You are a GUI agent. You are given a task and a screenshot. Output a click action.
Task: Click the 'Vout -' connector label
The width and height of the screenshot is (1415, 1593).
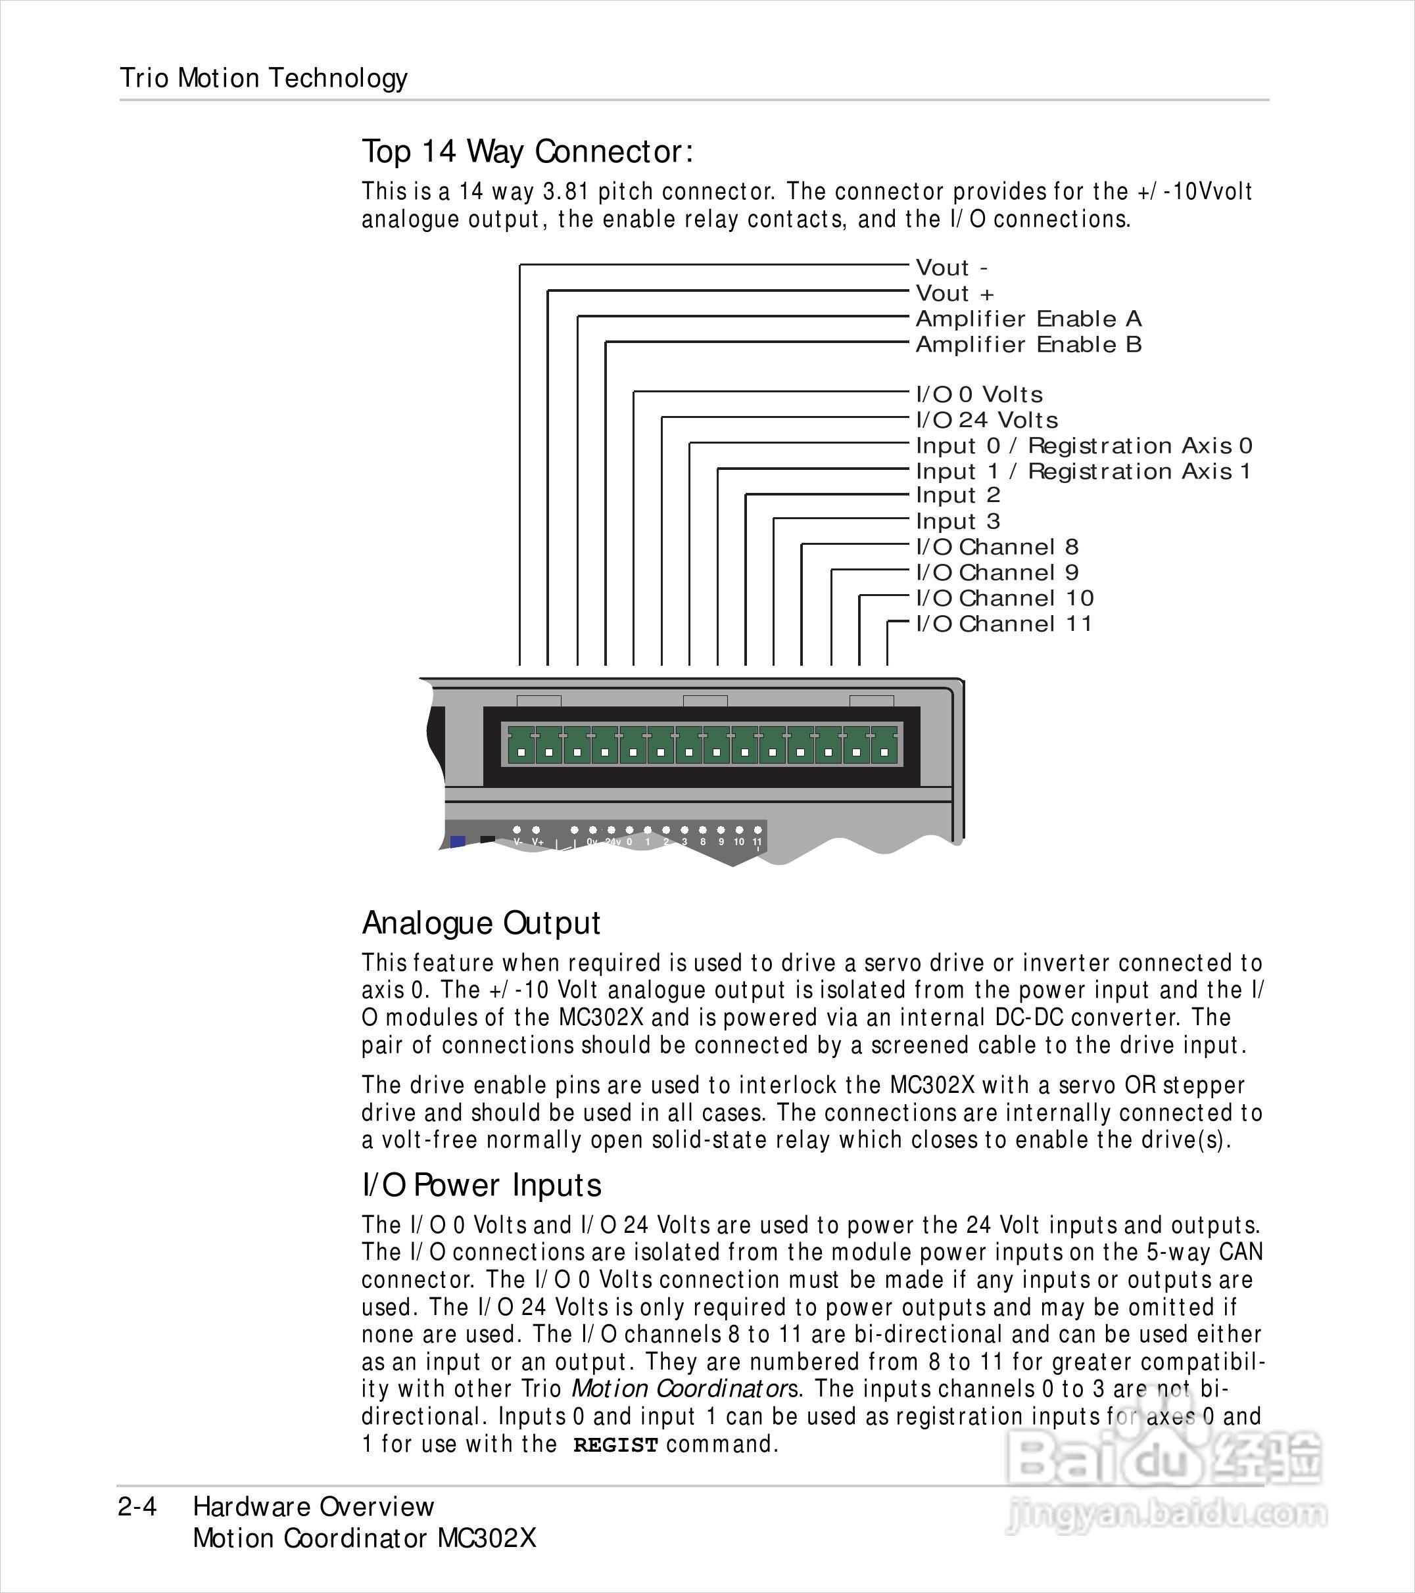coord(951,268)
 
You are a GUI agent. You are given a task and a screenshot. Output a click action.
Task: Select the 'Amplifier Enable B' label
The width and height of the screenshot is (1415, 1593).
coord(1028,344)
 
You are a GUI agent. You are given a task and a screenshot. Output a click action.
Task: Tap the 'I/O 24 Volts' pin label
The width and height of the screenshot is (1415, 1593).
coord(987,420)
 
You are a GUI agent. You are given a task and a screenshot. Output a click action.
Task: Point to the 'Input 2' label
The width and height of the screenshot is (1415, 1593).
coord(957,496)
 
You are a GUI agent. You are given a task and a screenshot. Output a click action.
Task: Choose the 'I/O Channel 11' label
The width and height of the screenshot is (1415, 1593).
coord(1003,624)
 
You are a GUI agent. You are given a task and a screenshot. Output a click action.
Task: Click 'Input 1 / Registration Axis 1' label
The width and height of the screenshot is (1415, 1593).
coord(1083,471)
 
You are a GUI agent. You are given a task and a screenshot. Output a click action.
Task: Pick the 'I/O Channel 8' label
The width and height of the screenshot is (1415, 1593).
coord(997,547)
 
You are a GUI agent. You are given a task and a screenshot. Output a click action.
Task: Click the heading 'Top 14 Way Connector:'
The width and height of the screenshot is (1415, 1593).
coord(527,151)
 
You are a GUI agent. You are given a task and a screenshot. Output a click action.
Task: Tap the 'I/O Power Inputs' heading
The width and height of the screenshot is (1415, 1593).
coord(481,1186)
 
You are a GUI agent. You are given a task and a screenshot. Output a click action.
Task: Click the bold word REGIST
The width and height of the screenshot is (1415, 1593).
coord(616,1445)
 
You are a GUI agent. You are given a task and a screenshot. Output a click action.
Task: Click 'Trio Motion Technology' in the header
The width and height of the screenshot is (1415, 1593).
coord(264,78)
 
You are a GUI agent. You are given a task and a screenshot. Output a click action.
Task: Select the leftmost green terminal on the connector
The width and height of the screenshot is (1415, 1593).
coord(521,745)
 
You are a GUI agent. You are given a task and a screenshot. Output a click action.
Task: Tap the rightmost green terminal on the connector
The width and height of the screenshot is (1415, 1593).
coord(884,745)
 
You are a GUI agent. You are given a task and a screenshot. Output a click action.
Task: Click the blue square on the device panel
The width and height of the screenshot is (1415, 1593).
coord(458,842)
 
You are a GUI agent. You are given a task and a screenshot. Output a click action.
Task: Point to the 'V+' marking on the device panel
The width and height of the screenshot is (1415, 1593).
coord(538,843)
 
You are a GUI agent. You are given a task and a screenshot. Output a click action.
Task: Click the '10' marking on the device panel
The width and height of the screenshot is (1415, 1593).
coord(738,842)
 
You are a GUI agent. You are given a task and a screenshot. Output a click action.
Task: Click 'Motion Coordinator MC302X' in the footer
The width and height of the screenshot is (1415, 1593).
coord(365,1538)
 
